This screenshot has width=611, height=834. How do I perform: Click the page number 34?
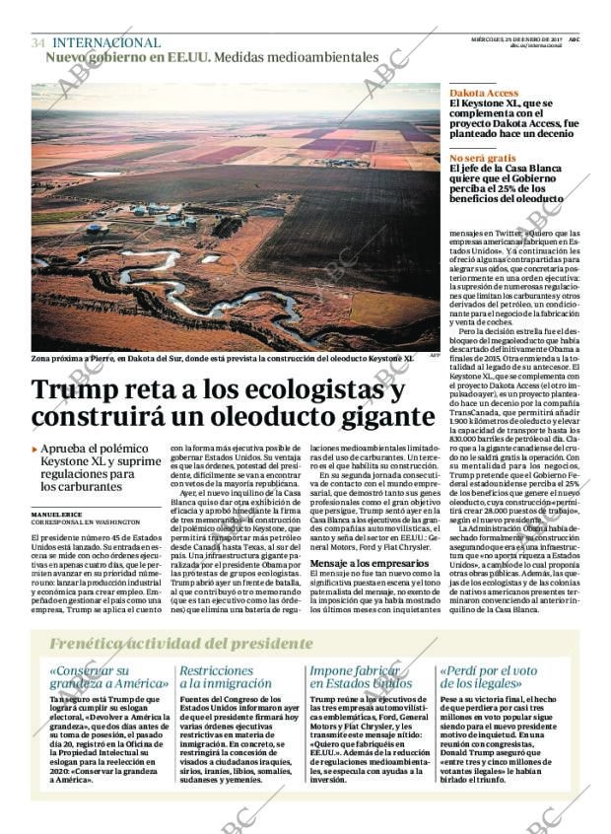pos(37,43)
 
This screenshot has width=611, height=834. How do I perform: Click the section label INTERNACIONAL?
pos(105,43)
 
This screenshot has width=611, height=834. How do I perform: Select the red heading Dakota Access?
pos(484,93)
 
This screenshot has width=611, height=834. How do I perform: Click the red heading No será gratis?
pos(483,158)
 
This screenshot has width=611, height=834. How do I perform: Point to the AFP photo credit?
pos(434,357)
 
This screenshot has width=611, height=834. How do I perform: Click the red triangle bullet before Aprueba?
pos(34,450)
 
